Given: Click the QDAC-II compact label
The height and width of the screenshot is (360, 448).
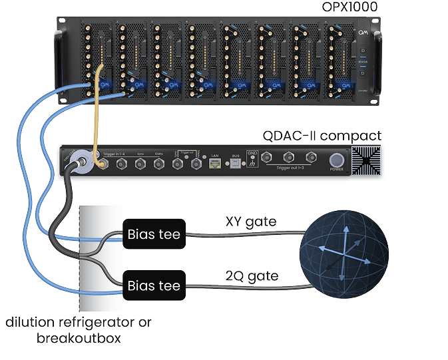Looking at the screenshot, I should tap(331, 136).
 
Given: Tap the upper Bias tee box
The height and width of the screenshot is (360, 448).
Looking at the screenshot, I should tap(154, 234).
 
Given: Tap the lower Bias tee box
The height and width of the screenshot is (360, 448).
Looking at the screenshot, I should tap(154, 287).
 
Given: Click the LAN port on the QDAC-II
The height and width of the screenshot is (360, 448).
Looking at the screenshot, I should tap(215, 163).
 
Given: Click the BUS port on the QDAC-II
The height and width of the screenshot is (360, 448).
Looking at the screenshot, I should tap(235, 163).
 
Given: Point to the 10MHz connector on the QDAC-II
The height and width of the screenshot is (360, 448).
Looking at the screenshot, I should tap(158, 163).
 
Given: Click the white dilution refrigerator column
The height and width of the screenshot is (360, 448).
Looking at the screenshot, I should tap(99, 260).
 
